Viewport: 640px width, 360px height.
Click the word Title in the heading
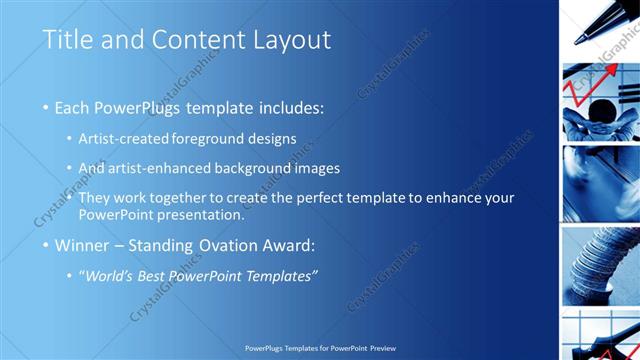67,41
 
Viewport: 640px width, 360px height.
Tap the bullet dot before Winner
46,245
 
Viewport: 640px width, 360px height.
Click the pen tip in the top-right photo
581,39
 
